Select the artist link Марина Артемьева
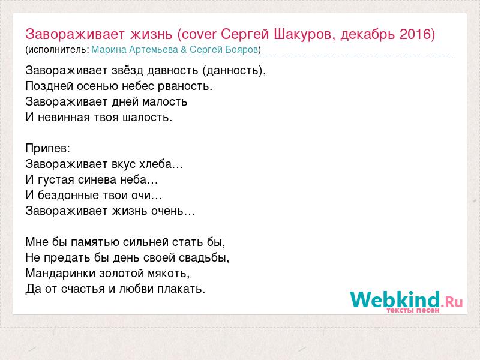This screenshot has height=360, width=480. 134,50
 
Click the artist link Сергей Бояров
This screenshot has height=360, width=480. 224,50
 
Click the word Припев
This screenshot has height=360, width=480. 47,149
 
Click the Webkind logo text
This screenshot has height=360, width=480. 395,299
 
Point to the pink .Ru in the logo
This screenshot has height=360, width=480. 452,302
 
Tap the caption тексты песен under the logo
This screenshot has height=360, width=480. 413,310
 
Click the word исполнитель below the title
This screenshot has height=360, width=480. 58,50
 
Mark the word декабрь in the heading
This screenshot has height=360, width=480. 367,34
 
